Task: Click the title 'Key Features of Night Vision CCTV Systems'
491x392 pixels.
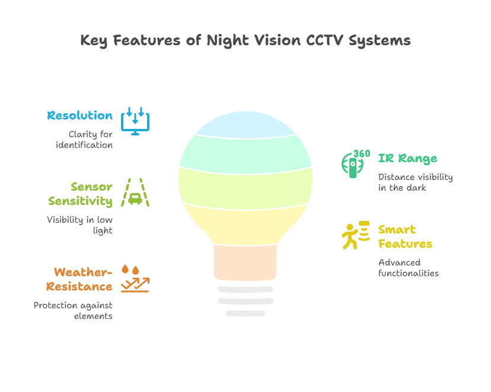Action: (245, 40)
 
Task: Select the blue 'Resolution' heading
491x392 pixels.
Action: (80, 115)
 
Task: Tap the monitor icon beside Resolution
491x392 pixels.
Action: (135, 121)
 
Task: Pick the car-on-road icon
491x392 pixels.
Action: (135, 192)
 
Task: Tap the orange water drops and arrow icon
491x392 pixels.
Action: (135, 279)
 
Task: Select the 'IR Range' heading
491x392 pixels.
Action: (408, 159)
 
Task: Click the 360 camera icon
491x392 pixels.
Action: (355, 164)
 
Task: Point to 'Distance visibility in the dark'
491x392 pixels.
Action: (415, 182)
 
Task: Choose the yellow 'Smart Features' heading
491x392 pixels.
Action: (404, 236)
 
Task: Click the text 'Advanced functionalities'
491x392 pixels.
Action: (408, 268)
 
